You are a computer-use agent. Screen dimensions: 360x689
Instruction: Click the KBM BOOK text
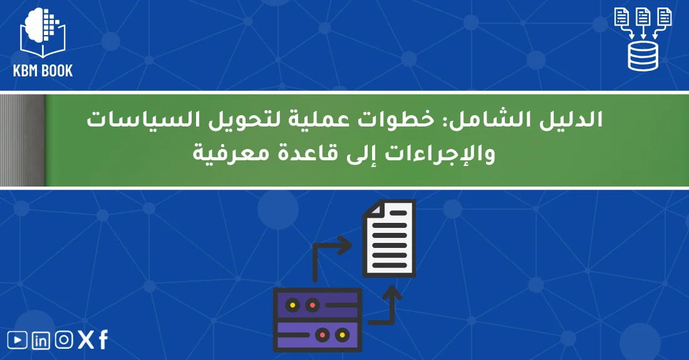point(43,71)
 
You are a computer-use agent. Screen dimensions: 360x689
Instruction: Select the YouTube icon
point(18,340)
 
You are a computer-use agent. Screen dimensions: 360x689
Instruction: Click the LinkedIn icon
point(41,341)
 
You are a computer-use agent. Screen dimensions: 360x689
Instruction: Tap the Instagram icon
point(63,340)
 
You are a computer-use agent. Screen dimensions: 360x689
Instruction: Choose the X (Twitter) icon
point(86,340)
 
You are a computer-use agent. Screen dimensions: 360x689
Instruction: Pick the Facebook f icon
point(103,340)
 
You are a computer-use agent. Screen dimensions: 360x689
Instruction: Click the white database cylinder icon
point(643,56)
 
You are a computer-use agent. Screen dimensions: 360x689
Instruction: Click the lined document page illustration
point(389,237)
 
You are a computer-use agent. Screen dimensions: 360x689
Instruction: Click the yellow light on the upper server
point(293,305)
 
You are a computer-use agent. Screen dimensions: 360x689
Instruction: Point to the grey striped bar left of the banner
point(23,140)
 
